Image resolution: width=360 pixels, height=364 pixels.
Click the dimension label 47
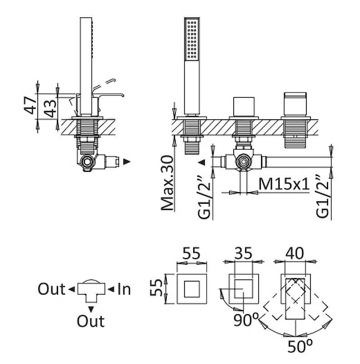30,106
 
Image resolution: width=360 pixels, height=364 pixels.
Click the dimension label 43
50,109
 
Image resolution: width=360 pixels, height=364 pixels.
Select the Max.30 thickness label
167,183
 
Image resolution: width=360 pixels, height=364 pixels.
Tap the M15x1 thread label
284,184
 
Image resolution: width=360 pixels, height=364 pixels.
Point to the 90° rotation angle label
246,320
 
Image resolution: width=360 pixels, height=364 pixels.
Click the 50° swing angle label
300,346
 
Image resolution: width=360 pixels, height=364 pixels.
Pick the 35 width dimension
243,253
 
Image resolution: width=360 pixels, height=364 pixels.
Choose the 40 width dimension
295,253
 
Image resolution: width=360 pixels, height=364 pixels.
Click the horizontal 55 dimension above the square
191,253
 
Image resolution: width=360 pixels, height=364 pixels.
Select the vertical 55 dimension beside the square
156,288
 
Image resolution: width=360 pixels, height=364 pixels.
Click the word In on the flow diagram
124,289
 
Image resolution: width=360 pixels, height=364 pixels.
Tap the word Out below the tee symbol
91,321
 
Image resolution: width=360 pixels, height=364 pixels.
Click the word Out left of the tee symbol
51,289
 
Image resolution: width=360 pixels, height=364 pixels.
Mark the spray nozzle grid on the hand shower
192,40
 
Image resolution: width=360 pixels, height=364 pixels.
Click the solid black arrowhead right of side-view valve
126,162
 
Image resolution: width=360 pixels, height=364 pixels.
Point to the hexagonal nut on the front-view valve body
243,162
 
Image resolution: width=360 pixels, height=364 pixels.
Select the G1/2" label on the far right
323,197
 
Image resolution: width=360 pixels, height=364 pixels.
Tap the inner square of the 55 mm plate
192,289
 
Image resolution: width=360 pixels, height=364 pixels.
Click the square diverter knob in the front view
244,106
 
